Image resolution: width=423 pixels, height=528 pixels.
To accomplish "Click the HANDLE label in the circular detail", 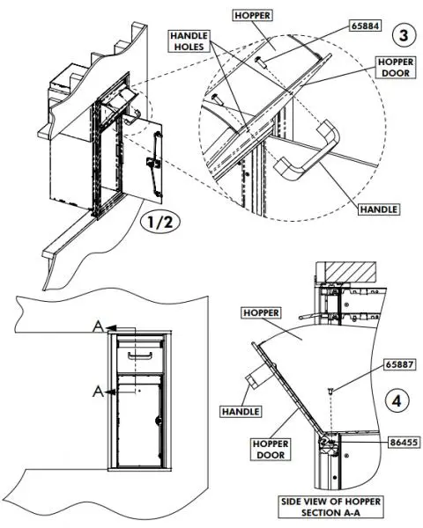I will click(378, 209).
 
